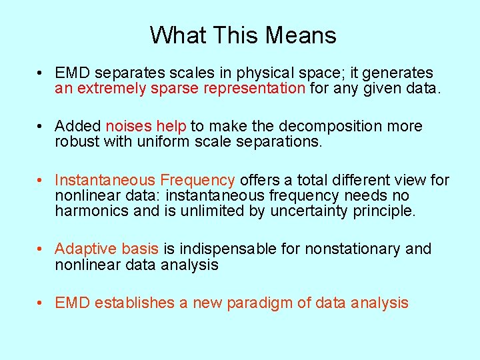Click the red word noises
129,126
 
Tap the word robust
76,142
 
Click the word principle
384,211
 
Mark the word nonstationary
353,249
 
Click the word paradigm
259,303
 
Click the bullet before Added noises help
41,127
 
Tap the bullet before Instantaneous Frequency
41,181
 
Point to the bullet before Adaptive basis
41,249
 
